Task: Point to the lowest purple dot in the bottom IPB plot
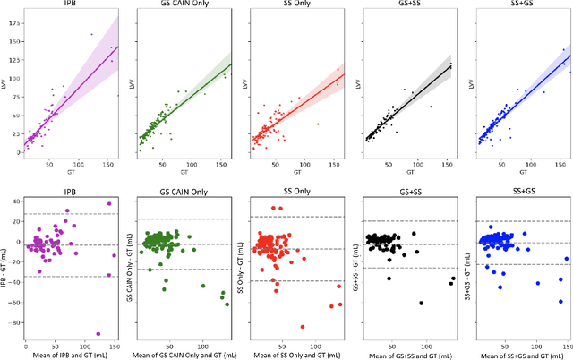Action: pyautogui.click(x=98, y=333)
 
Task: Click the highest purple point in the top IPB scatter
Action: pyautogui.click(x=91, y=35)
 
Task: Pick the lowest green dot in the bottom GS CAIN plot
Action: pyautogui.click(x=227, y=304)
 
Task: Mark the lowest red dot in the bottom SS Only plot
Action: pyautogui.click(x=302, y=327)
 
